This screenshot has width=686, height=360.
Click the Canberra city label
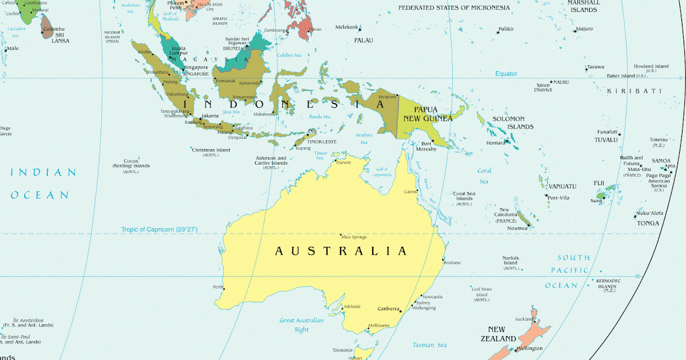[388, 309]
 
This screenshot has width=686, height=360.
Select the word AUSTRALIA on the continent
[341, 251]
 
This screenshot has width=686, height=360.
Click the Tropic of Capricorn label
[159, 229]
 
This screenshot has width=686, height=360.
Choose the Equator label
[506, 74]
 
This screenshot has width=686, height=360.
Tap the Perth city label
[217, 287]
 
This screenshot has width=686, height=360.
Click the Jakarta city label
[210, 116]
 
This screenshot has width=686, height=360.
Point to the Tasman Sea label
[430, 345]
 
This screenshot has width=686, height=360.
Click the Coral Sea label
[484, 176]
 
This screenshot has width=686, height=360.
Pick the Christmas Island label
[211, 150]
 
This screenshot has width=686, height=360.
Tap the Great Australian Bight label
[301, 325]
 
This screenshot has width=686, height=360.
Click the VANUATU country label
[563, 186]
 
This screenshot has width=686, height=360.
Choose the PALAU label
[364, 41]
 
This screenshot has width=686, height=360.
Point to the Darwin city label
[344, 162]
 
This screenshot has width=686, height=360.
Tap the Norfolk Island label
[510, 261]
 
